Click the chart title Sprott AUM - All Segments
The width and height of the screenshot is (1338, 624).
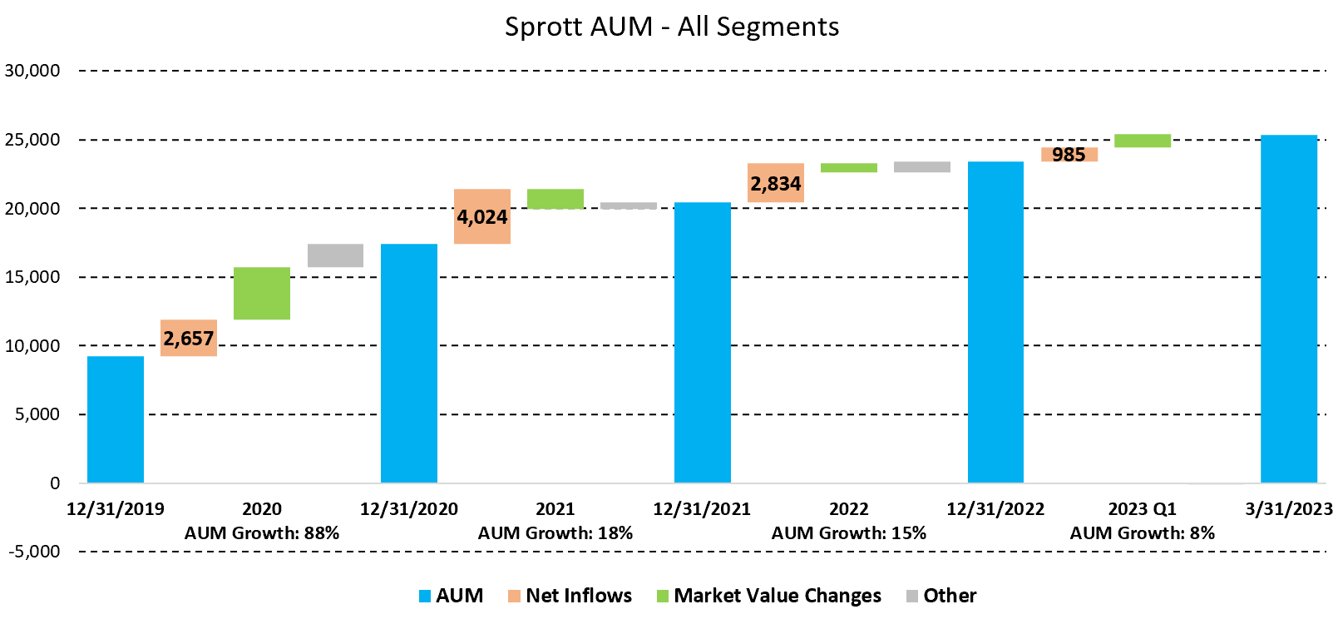(x=672, y=27)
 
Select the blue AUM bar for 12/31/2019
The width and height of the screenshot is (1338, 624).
(x=116, y=419)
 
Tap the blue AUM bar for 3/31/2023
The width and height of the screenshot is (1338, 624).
(x=1289, y=309)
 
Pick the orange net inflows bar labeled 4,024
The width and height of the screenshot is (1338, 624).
(x=482, y=216)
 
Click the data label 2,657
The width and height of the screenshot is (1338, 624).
(x=189, y=339)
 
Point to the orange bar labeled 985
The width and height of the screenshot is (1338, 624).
(x=1069, y=155)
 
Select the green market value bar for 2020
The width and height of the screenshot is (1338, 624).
(x=262, y=293)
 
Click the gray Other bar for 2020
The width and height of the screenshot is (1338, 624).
(x=335, y=255)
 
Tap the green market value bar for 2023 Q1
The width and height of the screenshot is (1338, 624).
(x=1143, y=141)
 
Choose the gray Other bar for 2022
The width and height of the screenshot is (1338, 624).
(x=922, y=167)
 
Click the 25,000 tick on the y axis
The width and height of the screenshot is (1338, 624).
(x=32, y=140)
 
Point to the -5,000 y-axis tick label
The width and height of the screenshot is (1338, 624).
(x=32, y=552)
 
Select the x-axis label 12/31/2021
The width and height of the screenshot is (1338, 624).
(x=702, y=509)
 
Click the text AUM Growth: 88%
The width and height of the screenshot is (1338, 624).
(x=262, y=533)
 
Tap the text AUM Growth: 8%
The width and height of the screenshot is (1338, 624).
(x=1143, y=533)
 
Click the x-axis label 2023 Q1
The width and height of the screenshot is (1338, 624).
(x=1143, y=509)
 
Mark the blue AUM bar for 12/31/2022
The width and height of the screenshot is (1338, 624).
(x=995, y=322)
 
